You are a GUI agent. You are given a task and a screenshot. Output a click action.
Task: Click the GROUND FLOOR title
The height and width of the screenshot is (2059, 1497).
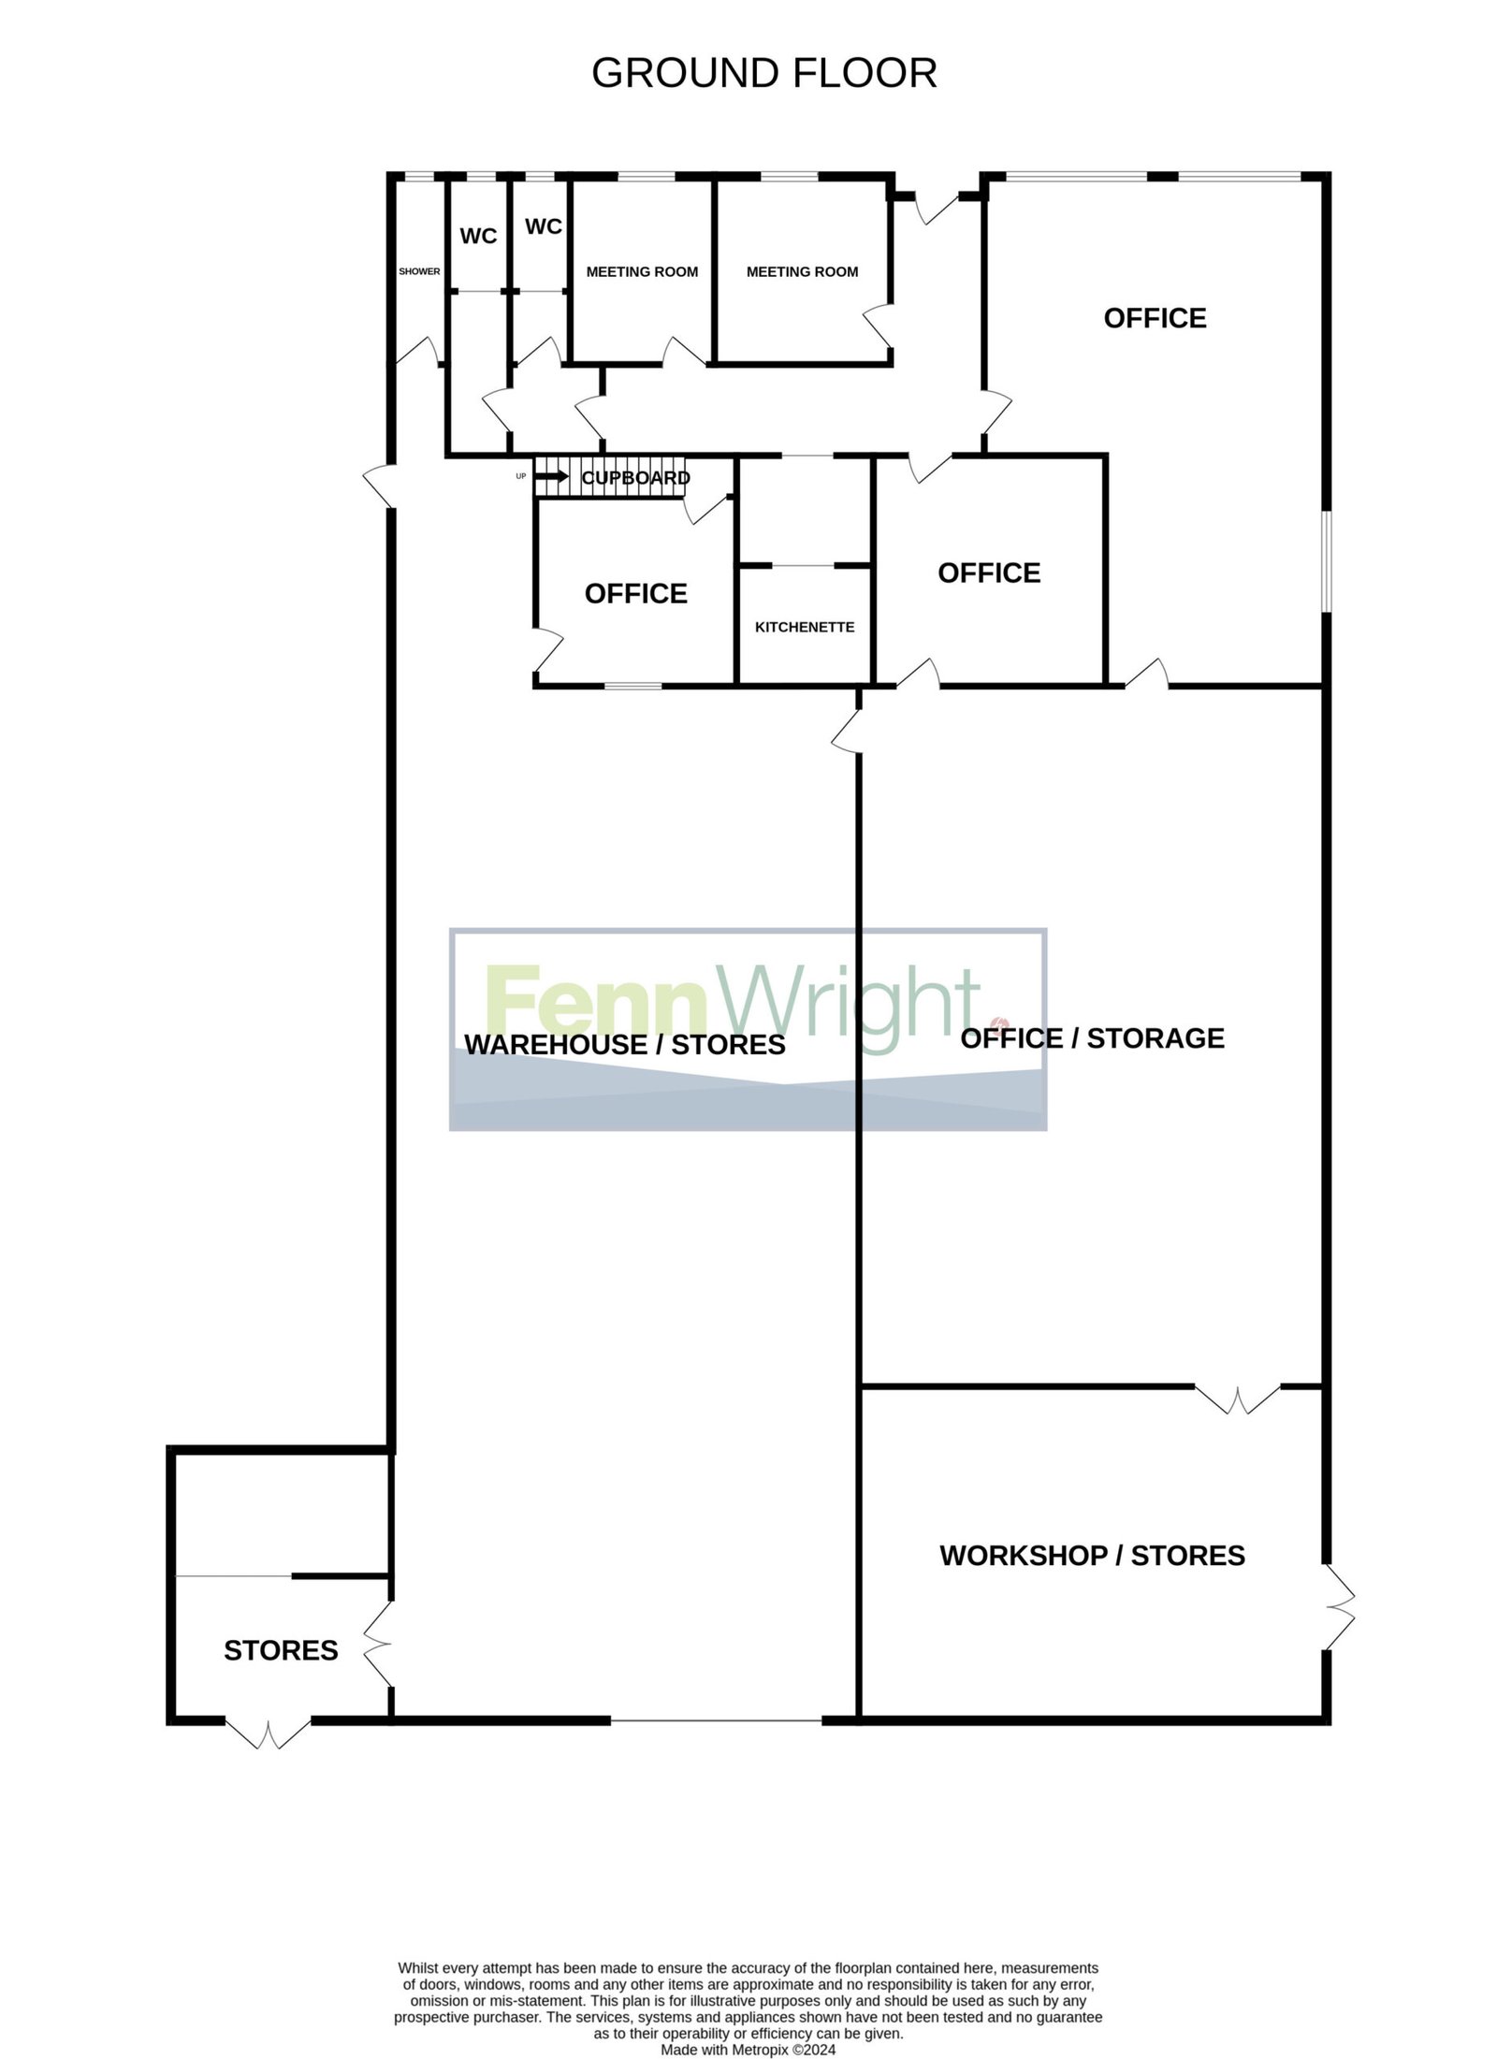pos(763,73)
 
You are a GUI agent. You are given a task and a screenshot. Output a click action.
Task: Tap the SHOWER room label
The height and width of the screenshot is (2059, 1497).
pos(419,271)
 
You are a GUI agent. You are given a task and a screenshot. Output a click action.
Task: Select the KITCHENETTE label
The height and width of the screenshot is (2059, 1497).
pos(805,627)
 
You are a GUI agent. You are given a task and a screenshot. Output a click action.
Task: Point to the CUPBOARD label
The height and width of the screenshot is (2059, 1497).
pos(635,478)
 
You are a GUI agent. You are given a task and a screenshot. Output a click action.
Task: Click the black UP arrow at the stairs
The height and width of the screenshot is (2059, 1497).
pos(552,476)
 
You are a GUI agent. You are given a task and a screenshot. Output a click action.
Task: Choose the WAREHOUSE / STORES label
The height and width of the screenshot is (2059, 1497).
pos(625,1044)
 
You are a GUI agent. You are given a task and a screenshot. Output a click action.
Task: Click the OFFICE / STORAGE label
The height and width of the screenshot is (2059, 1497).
pos(1092,1037)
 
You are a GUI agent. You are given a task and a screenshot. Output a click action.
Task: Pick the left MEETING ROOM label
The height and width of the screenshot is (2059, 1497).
pos(642,272)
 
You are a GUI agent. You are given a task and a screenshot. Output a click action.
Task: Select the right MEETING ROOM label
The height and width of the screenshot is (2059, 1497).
pos(802,272)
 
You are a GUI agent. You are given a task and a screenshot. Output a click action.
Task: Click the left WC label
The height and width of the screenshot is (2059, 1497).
pos(478,236)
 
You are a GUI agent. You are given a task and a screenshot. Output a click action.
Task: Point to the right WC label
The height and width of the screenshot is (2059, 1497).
pos(544,226)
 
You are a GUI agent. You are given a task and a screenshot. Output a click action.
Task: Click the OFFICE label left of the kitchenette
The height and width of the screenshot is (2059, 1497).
pos(636,593)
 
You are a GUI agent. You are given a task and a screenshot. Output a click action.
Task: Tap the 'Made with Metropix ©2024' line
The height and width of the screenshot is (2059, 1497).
pos(748,2023)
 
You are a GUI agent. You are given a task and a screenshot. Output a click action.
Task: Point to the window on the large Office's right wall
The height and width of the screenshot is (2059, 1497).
pos(1326,561)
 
